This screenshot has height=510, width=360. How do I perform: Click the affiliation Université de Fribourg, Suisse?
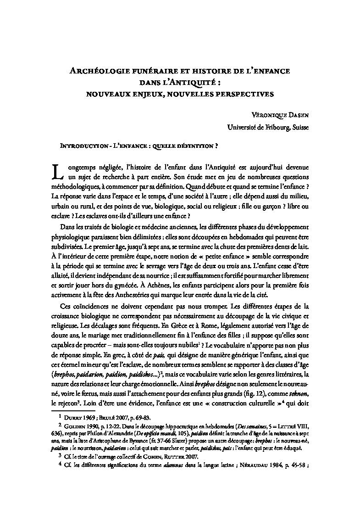(x=268, y=128)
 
